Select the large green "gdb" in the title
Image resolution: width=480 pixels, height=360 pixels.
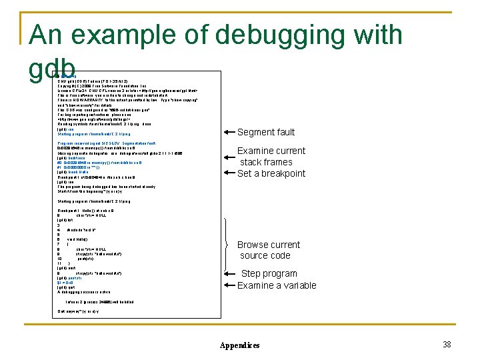pos(52,67)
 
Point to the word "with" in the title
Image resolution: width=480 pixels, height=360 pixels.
pos(377,35)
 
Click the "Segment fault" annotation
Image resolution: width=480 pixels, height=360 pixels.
pos(266,132)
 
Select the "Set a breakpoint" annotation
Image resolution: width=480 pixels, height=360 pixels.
pos(271,173)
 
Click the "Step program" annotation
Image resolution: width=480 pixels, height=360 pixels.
pos(269,273)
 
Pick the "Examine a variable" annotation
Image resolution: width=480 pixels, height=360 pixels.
pos(277,285)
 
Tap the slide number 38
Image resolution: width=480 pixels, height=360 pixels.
pos(447,344)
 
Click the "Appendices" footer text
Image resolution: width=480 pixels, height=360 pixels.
pos(239,345)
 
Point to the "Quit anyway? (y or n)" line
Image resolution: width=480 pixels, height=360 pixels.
pos(78,311)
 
